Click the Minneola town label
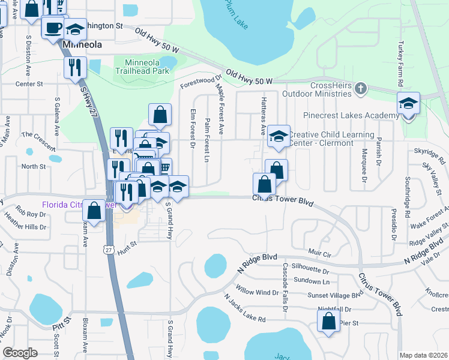coord(81,45)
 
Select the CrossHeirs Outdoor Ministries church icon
coord(360,89)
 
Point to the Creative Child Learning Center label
coord(331,139)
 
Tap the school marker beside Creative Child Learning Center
coord(279,137)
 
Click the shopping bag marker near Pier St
coord(328,320)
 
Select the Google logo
coord(20,353)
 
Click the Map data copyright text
coord(423,355)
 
